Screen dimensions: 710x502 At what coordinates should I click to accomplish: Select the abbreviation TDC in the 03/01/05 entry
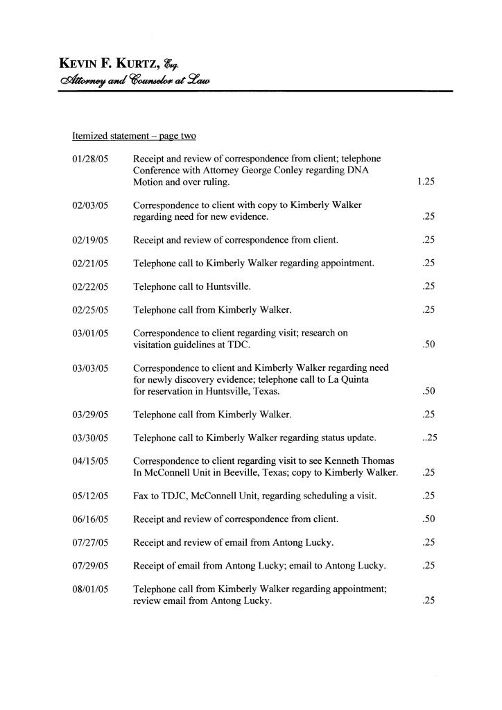point(248,345)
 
